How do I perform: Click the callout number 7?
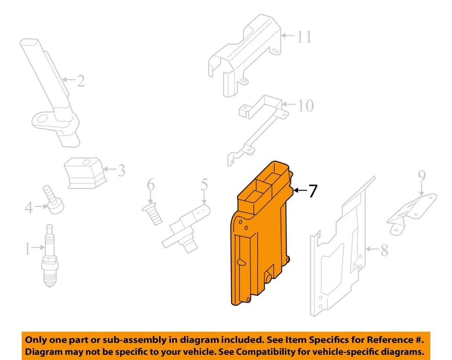[x=313, y=191]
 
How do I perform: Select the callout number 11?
[x=304, y=37]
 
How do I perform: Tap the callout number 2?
[x=81, y=81]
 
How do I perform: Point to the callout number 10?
[x=306, y=105]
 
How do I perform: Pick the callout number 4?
[x=29, y=208]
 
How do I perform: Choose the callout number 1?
[x=28, y=248]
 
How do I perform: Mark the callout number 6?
[x=151, y=185]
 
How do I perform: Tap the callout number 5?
[x=204, y=184]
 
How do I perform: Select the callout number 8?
[x=384, y=250]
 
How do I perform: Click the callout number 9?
[x=422, y=176]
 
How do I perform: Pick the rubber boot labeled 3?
[x=85, y=173]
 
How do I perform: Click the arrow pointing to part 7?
[x=300, y=191]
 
